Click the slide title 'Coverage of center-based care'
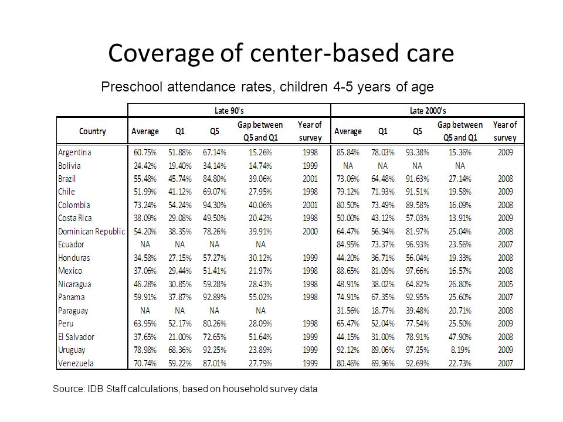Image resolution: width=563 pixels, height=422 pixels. point(281,53)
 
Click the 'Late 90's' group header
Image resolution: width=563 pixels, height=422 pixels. point(229,111)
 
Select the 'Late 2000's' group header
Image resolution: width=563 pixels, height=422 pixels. point(428,111)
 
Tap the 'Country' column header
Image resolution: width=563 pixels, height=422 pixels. point(92,131)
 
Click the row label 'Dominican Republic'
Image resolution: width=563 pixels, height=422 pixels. point(91,232)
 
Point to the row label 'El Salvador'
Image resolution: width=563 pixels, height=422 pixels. point(76,337)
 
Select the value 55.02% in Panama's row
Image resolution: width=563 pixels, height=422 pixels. point(260,298)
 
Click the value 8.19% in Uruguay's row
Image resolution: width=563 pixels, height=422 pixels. point(460,350)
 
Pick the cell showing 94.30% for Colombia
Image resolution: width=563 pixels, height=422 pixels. point(215,205)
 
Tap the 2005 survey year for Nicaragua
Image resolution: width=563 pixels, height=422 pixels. point(505,284)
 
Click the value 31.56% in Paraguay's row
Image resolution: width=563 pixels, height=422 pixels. point(348,311)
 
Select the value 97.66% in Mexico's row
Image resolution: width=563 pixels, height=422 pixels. point(417,271)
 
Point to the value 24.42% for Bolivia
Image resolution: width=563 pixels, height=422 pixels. point(145,166)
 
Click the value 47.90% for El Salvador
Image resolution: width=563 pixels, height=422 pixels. point(460,337)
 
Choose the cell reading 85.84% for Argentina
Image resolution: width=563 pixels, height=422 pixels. point(348,152)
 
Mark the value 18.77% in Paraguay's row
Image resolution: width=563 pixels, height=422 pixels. point(383,311)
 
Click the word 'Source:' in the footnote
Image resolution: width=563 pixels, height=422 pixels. point(69,389)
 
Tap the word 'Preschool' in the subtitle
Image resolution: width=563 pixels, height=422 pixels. point(132,87)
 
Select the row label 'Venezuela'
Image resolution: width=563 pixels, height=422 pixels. point(76,363)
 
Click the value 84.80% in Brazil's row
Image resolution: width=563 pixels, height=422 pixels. point(215,179)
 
